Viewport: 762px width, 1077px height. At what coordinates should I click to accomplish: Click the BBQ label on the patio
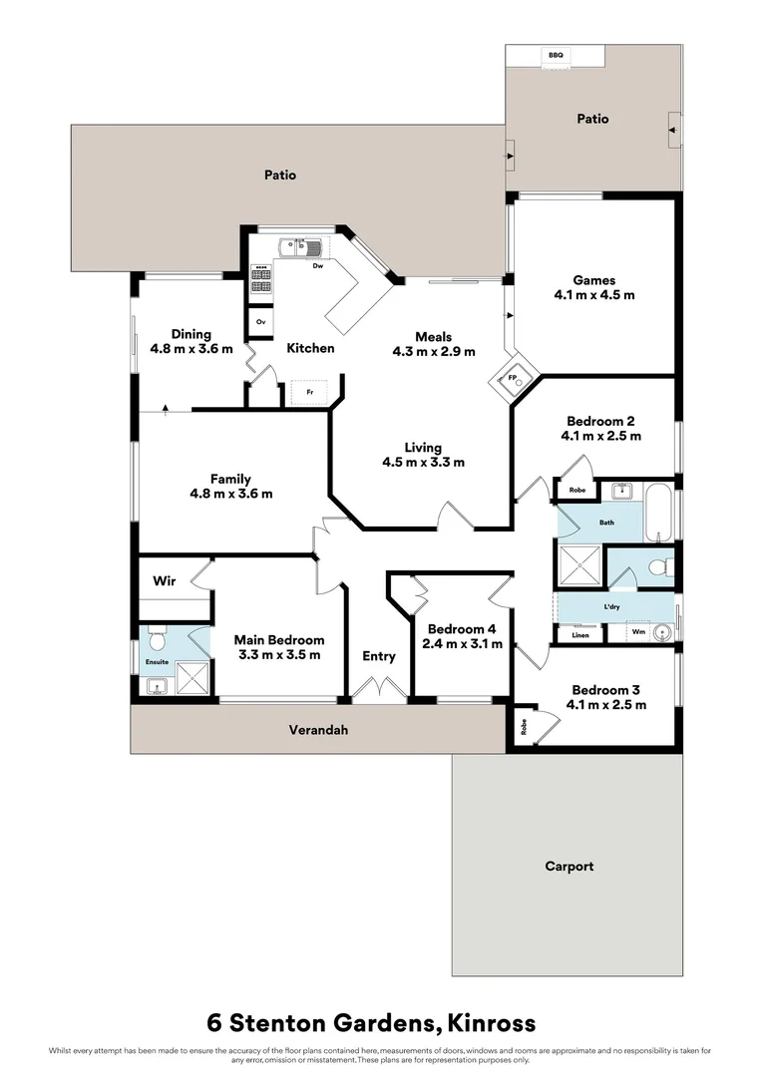[x=555, y=56]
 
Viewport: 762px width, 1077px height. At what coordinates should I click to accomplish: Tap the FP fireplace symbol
[x=514, y=380]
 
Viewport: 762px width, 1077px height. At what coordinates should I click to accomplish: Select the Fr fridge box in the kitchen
[x=309, y=392]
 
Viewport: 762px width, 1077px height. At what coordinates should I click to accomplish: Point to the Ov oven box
[x=260, y=322]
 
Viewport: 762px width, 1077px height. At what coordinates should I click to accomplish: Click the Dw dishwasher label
[x=317, y=266]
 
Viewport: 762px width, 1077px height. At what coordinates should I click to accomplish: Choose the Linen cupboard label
[x=580, y=635]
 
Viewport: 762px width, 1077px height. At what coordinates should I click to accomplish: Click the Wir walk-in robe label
[x=165, y=580]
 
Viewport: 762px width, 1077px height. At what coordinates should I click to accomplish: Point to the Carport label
[x=569, y=867]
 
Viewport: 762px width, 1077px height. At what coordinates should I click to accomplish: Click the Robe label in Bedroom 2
[x=577, y=490]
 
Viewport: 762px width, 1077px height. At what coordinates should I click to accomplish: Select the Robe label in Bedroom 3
[x=524, y=728]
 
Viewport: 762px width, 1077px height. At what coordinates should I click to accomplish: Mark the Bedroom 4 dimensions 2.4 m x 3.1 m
[x=461, y=644]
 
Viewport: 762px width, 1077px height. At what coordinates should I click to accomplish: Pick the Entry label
[x=379, y=656]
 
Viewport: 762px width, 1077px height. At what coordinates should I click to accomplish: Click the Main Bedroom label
[x=279, y=640]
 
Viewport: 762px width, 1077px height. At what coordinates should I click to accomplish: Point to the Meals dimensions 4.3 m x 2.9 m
[x=434, y=351]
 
